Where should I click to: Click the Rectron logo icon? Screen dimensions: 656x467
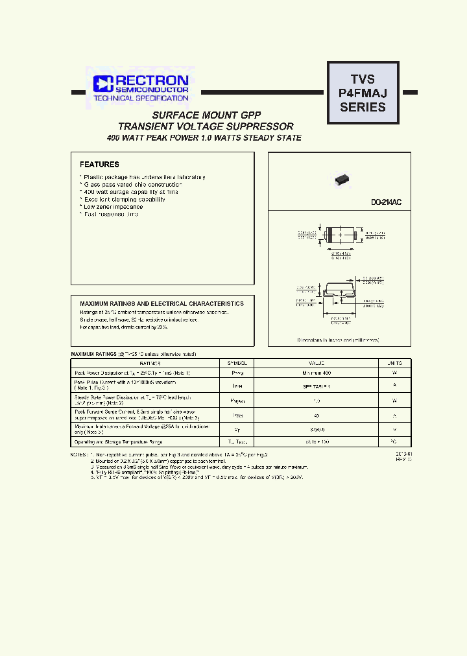tap(103, 83)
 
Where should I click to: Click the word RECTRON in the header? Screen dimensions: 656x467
tap(152, 80)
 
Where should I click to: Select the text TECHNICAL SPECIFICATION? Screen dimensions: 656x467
tap(141, 98)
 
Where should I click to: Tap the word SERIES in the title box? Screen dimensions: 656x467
tap(363, 108)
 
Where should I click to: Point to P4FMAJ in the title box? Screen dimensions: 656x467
tap(363, 93)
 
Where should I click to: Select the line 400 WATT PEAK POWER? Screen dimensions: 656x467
tap(204, 138)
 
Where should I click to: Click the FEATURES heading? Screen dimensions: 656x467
tap(99, 165)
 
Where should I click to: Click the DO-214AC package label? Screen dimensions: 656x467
tap(386, 203)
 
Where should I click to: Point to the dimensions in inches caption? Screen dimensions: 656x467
tap(338, 340)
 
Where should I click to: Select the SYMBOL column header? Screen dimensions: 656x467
tap(237, 364)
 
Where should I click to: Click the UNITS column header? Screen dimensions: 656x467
tap(395, 364)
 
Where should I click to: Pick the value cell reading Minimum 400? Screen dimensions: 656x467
tap(316, 373)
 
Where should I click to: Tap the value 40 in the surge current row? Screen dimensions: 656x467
tap(316, 415)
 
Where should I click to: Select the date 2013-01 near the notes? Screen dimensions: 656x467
tap(403, 454)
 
